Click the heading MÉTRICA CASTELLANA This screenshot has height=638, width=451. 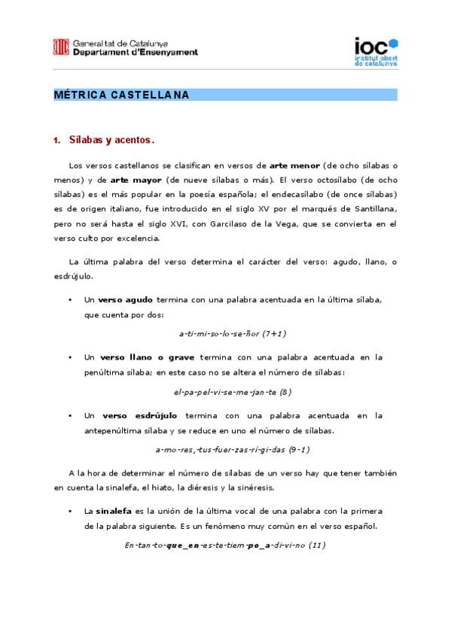122,96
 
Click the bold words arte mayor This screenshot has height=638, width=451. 130,181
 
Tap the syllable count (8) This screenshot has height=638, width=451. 285,391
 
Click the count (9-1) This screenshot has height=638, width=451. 299,449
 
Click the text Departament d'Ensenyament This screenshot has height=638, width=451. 136,53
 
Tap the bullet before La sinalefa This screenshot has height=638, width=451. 69,511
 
